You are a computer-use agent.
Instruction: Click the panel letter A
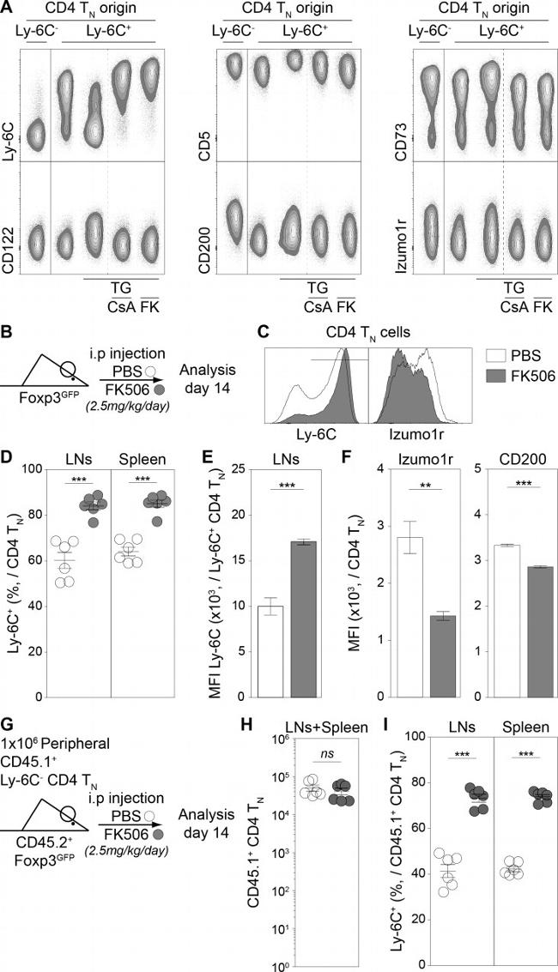pyautogui.click(x=8, y=8)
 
